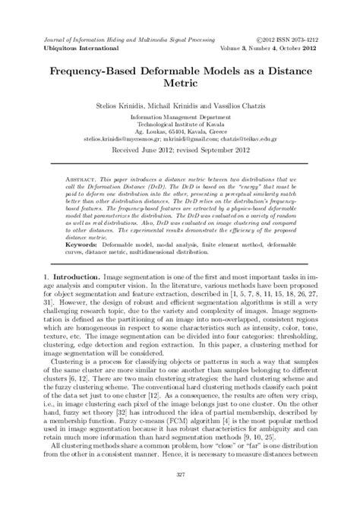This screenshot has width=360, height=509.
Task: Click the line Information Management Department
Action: (x=179, y=119)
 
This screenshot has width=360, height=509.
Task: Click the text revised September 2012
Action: (x=217, y=151)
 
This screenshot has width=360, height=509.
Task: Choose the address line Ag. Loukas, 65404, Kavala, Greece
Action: (x=179, y=132)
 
